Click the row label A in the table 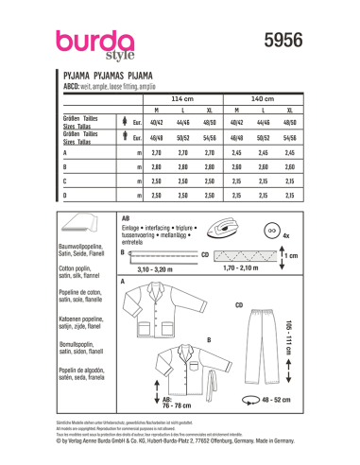point(64,151)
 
